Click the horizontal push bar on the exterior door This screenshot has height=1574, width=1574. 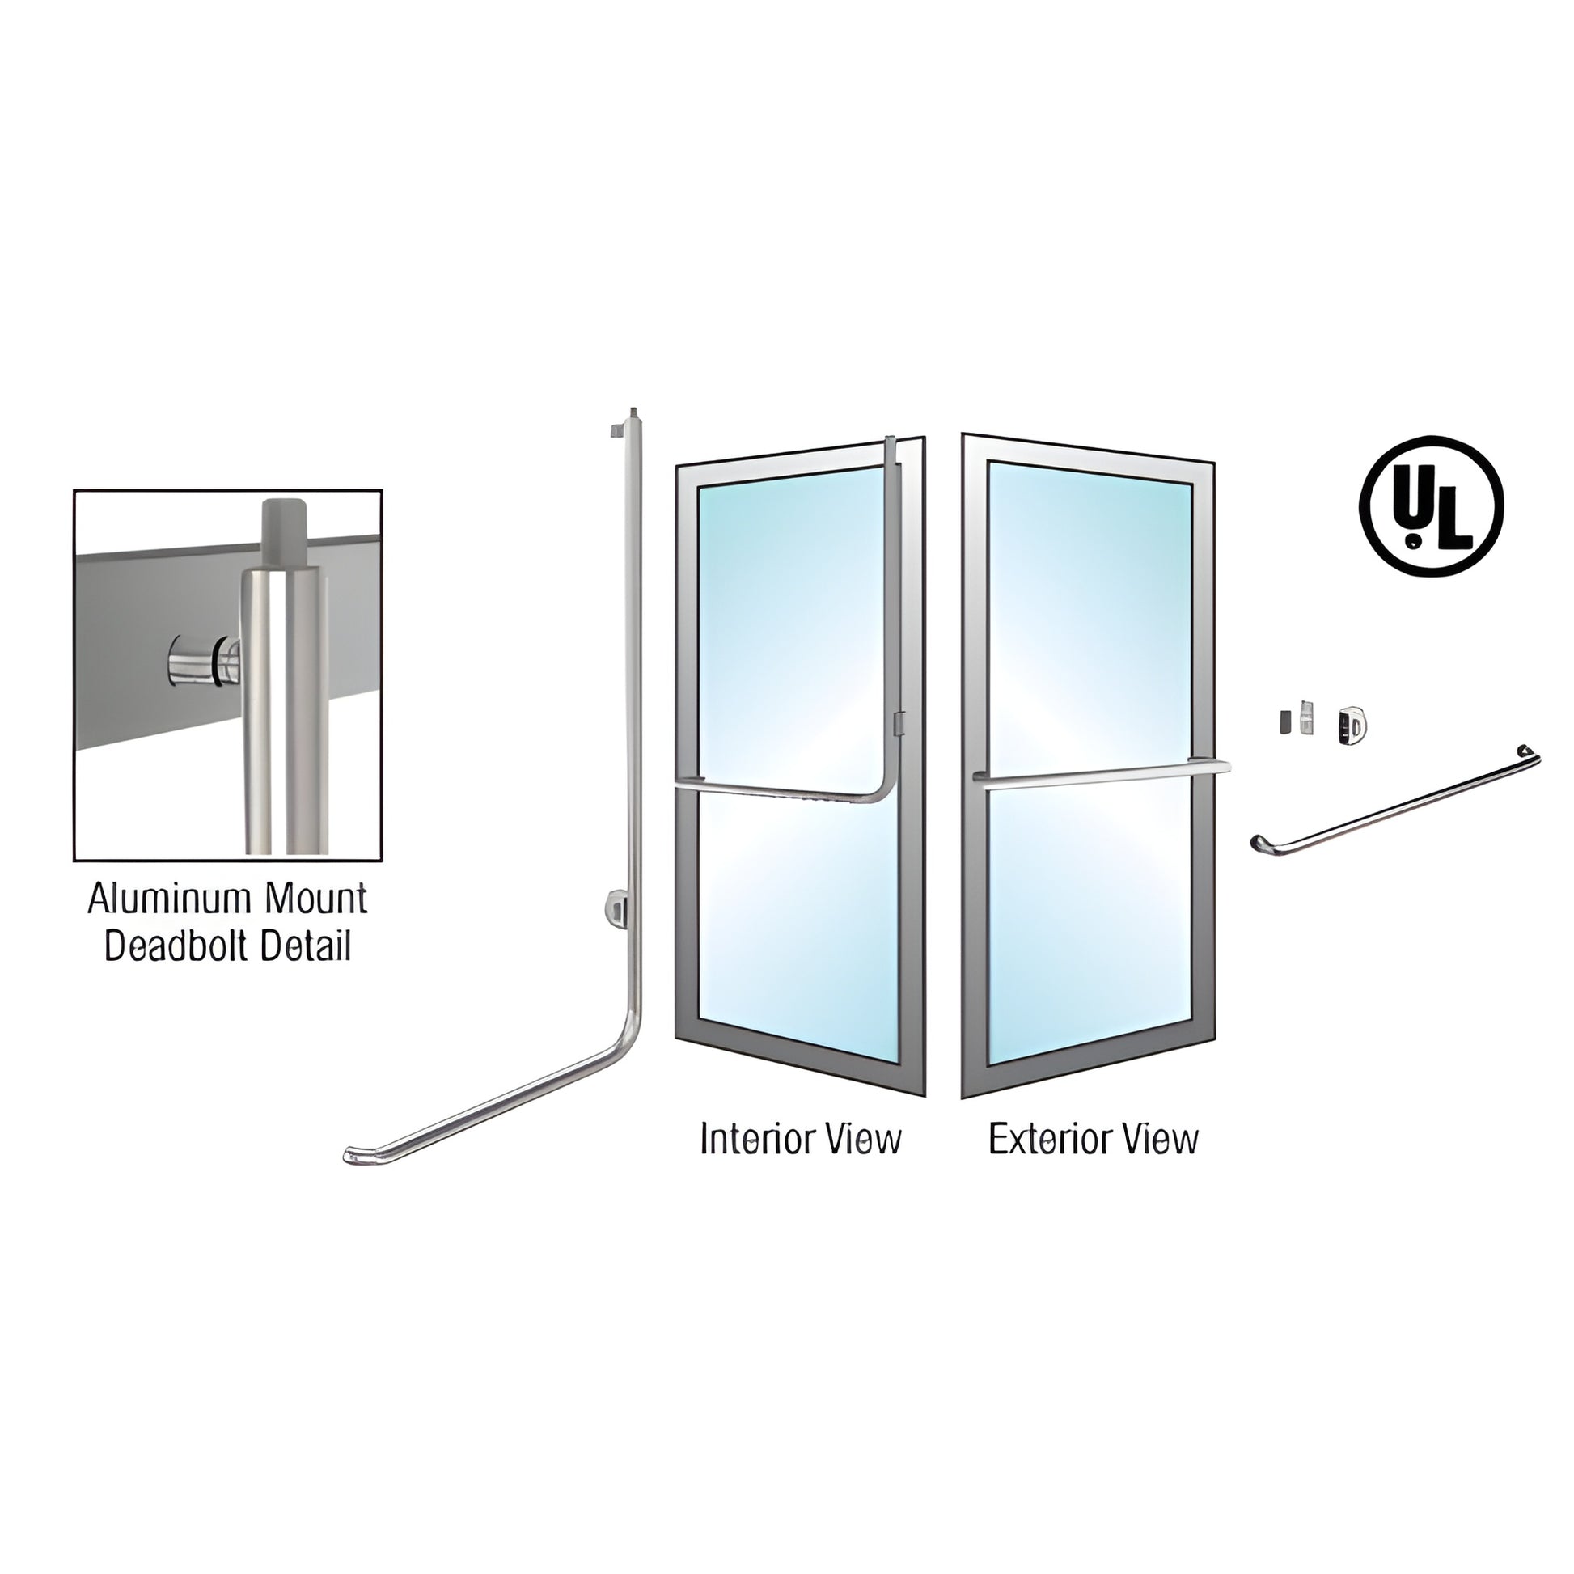tap(1104, 775)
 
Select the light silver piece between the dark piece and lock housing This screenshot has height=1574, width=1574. tap(1308, 717)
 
